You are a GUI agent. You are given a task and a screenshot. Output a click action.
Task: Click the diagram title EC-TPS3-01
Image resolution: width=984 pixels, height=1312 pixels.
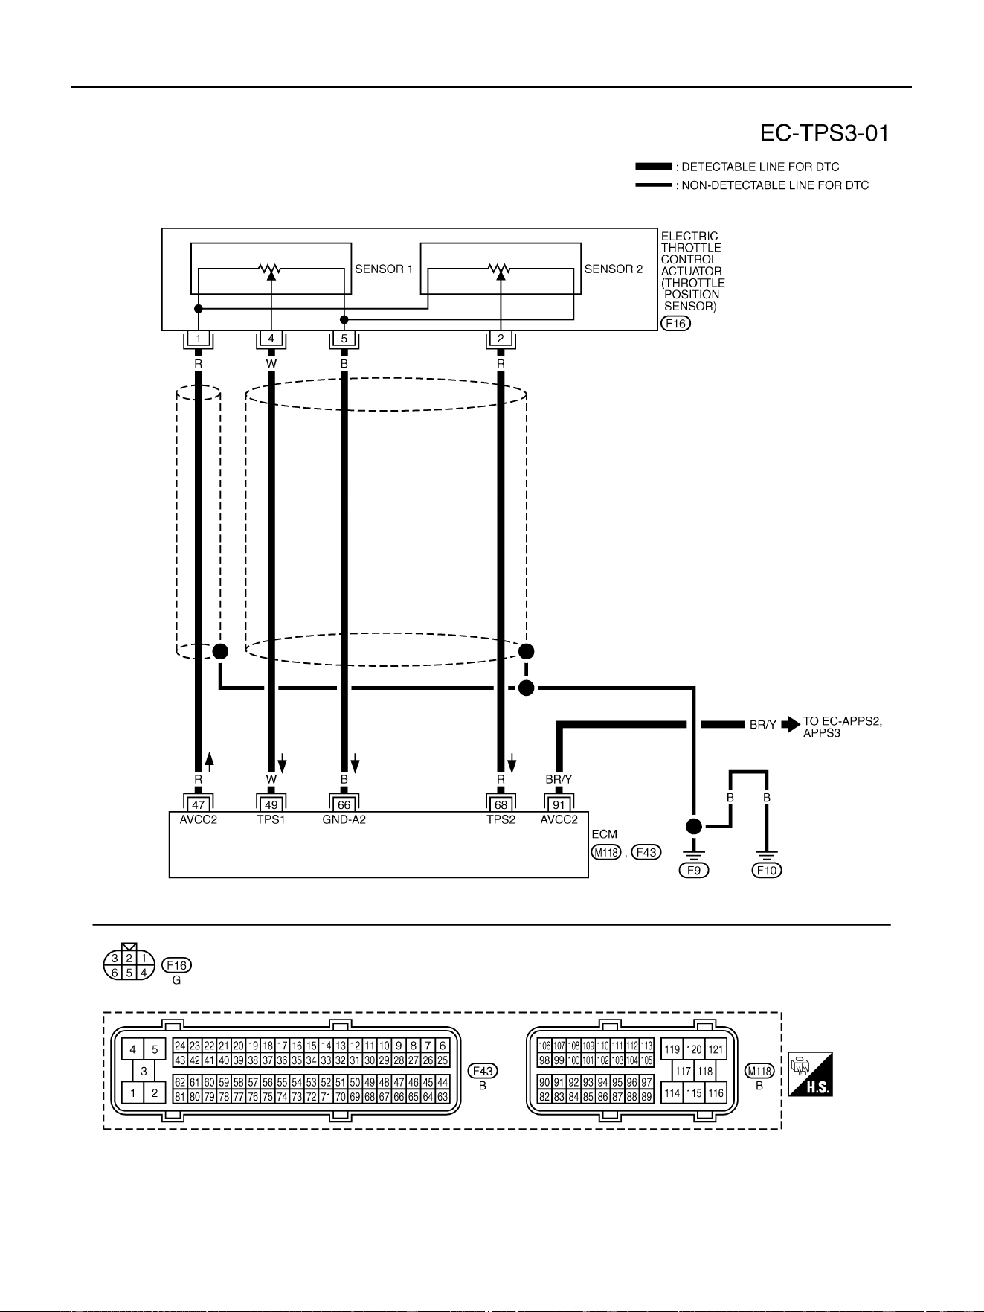pos(824,133)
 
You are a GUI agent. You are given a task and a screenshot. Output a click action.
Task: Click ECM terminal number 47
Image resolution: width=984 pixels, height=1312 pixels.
pos(198,804)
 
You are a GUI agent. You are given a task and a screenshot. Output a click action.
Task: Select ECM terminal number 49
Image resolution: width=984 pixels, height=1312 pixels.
pos(271,804)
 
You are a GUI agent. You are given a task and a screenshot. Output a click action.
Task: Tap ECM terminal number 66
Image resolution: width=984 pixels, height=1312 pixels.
pos(344,804)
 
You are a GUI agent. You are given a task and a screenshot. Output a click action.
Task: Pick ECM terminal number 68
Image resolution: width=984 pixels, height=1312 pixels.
pos(501,804)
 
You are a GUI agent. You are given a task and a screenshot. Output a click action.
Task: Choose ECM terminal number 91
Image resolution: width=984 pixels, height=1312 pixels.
pos(559,804)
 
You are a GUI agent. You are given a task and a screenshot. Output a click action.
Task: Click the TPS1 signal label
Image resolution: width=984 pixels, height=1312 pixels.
pos(271,819)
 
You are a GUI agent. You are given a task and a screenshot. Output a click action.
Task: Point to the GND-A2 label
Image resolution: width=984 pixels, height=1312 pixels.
pos(344,819)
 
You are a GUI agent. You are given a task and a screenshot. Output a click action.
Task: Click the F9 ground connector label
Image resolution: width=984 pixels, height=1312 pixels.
pos(694,870)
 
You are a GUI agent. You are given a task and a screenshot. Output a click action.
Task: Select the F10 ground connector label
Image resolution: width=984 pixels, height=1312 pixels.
pos(767,870)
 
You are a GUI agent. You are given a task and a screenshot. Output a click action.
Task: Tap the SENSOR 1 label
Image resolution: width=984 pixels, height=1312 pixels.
pos(384,269)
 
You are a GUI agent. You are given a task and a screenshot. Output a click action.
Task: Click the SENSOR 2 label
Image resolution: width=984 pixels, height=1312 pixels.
pos(614,269)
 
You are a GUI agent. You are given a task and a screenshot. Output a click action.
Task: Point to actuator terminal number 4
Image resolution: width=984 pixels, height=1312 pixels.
pos(271,339)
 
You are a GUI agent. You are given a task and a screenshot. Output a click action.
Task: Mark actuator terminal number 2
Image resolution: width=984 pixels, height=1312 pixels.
pos(501,339)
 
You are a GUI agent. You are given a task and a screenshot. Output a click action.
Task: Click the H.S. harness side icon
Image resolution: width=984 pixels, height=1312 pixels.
pos(810,1074)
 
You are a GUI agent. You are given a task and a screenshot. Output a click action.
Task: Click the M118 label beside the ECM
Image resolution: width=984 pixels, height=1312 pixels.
pos(606,852)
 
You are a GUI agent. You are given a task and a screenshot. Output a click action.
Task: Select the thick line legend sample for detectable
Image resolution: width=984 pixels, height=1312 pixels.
pos(654,167)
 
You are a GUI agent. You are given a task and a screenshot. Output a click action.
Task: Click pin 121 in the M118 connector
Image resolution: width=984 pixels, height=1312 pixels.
pos(716,1049)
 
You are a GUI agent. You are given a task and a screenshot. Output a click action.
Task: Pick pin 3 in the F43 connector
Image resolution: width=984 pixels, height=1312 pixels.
pos(144,1071)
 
